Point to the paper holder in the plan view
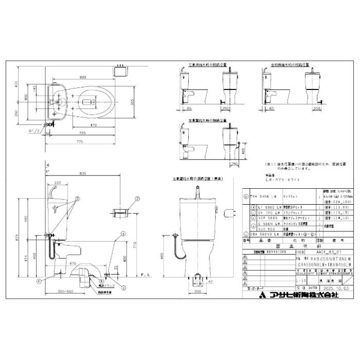tap(122, 68)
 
